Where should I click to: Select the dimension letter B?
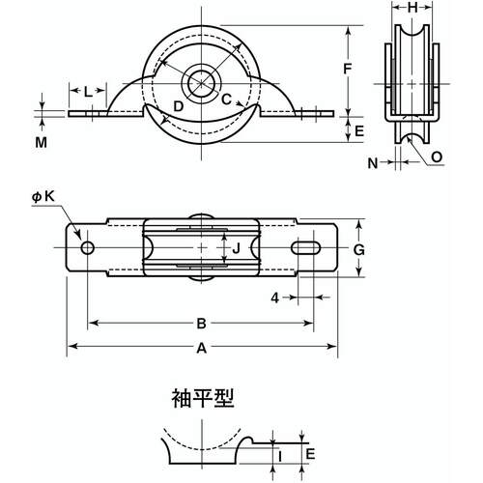[x=201, y=324]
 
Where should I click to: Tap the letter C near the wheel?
[x=225, y=99]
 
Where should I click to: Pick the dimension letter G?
[x=357, y=249]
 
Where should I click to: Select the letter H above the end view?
[x=412, y=8]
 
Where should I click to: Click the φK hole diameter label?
[x=43, y=196]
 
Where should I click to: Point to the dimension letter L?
[x=88, y=93]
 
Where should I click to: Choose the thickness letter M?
[x=41, y=142]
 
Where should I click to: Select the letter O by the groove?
[x=438, y=155]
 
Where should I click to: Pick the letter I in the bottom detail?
[x=278, y=454]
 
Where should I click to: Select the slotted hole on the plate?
[x=308, y=248]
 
